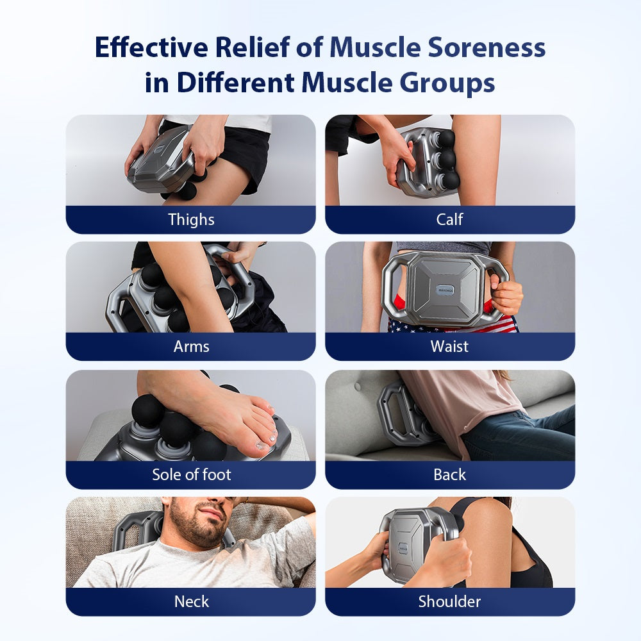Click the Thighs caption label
click(191, 219)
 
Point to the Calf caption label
click(449, 219)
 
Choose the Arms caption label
click(191, 346)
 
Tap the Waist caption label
click(449, 346)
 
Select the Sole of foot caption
click(191, 474)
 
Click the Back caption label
click(449, 474)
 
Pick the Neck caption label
click(191, 601)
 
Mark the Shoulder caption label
click(449, 601)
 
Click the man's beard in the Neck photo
click(192, 529)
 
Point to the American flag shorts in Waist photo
click(449, 325)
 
